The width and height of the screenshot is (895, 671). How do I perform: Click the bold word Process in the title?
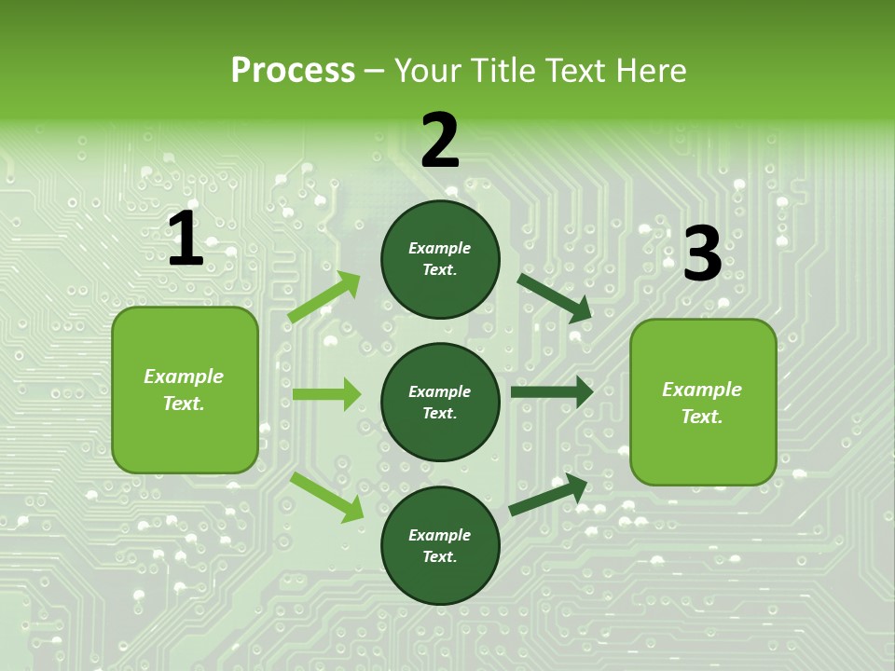pos(293,71)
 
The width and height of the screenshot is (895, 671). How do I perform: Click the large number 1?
pos(186,240)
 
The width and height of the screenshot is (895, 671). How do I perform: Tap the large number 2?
pos(440,141)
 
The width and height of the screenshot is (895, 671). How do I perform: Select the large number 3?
pos(702,254)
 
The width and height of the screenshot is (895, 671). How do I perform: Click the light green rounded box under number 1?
pos(185,390)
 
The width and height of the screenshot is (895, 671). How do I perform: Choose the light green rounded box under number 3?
pos(703,402)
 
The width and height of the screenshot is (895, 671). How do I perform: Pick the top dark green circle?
pos(440,259)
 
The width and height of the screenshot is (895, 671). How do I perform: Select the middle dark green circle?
pos(440,402)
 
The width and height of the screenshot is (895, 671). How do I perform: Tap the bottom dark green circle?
pos(440,545)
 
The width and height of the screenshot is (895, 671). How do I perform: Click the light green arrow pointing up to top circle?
pos(324,297)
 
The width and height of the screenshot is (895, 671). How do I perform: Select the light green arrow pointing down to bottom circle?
pos(326,496)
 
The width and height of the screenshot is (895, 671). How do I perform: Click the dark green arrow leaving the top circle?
pos(554,297)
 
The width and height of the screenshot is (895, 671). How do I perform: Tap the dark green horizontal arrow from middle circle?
pos(551,392)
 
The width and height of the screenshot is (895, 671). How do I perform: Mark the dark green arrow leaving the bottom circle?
pos(548,495)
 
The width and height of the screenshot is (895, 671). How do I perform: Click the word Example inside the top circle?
pos(440,248)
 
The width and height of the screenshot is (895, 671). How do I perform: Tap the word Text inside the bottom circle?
pos(438,556)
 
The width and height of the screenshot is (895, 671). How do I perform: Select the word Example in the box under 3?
pos(702,390)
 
